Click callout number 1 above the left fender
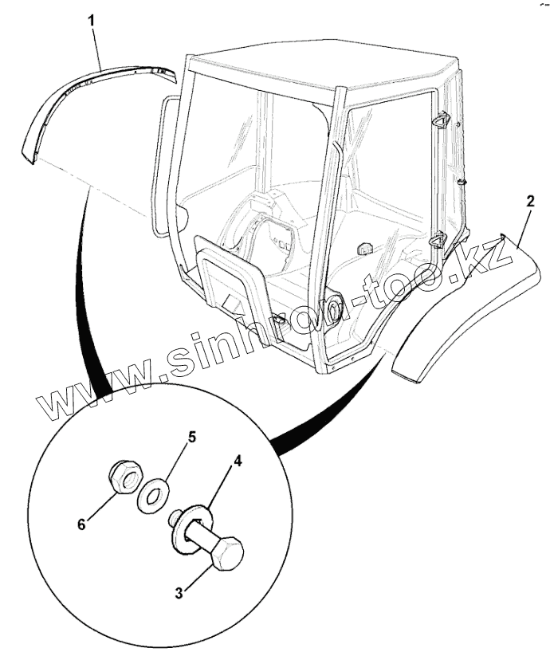click(92, 18)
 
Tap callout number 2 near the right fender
click(528, 201)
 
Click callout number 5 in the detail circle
click(191, 438)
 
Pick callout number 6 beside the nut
click(81, 523)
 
